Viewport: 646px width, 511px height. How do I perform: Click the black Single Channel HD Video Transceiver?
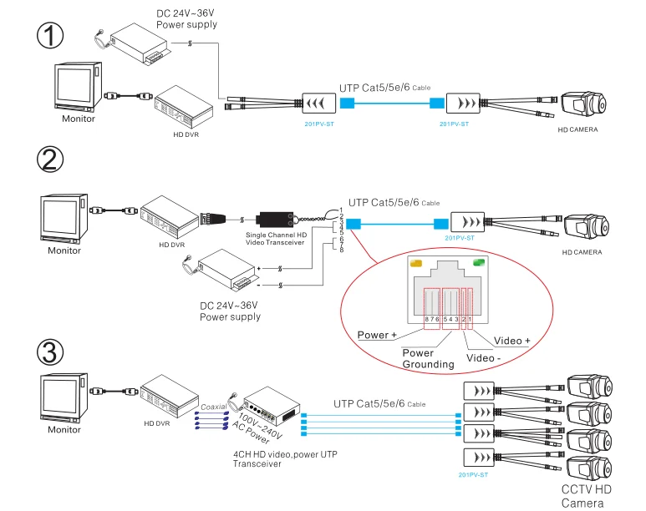pos(275,220)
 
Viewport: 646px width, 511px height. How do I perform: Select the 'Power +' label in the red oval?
pos(378,335)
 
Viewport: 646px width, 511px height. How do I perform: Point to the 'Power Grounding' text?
pos(428,358)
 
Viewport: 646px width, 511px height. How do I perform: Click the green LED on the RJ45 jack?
pos(478,264)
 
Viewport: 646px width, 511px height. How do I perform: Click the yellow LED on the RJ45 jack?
pos(415,263)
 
